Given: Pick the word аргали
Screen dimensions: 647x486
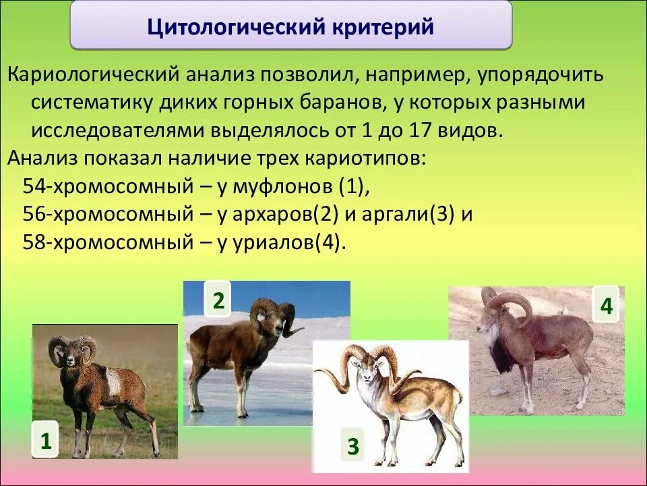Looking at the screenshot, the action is [396, 215].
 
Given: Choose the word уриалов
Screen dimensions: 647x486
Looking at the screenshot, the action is [274, 242].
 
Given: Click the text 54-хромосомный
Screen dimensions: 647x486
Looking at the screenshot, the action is [108, 187].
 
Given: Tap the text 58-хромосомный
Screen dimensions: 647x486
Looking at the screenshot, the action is [108, 242].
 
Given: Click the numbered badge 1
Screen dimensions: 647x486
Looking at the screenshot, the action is [45, 441].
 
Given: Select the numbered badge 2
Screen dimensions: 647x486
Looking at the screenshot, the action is [218, 300].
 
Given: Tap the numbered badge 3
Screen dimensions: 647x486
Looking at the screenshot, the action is [352, 446].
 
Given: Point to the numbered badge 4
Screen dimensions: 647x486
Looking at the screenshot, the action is [606, 306].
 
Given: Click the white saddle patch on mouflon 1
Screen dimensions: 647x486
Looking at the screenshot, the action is [113, 381].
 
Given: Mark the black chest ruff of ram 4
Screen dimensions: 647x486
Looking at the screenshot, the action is [501, 356].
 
